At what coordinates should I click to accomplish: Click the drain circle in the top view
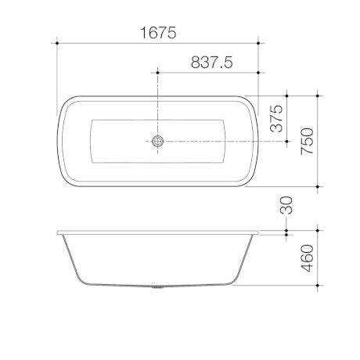click(x=158, y=142)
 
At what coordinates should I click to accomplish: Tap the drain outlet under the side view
click(x=158, y=286)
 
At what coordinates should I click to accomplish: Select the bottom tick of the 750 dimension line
click(x=318, y=188)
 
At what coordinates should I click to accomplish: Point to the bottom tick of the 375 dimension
click(x=286, y=142)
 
